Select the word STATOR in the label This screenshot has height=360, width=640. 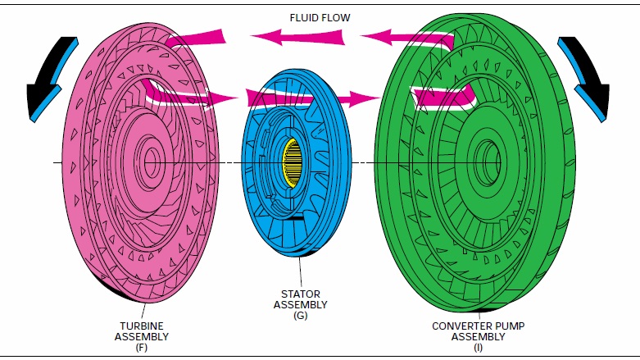(x=300, y=294)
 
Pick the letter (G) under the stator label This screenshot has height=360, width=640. (x=300, y=317)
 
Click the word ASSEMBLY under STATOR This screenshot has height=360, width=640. (x=300, y=305)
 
